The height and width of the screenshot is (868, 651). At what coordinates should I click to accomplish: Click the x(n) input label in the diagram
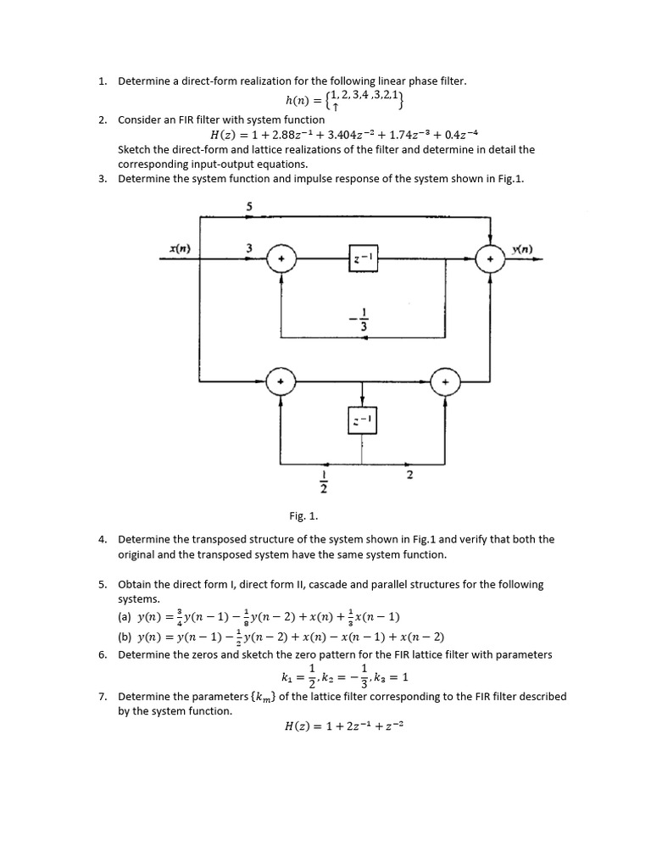pyautogui.click(x=179, y=248)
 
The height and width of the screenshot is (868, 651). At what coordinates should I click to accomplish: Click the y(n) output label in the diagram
pyautogui.click(x=523, y=248)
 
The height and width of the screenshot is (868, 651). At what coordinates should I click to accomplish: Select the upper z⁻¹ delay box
pyautogui.click(x=362, y=259)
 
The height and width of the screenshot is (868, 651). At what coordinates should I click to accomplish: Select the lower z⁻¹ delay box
pyautogui.click(x=362, y=420)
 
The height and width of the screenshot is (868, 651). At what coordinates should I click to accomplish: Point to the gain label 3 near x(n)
pyautogui.click(x=249, y=248)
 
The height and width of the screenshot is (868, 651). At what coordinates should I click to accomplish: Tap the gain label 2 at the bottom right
pyautogui.click(x=409, y=476)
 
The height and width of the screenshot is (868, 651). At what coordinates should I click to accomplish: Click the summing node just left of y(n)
pyautogui.click(x=489, y=259)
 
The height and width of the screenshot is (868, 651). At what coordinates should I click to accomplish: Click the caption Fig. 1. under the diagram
pyautogui.click(x=303, y=515)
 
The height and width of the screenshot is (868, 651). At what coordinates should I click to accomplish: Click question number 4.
pyautogui.click(x=102, y=539)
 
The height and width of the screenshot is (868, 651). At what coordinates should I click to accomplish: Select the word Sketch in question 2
pyautogui.click(x=135, y=149)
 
